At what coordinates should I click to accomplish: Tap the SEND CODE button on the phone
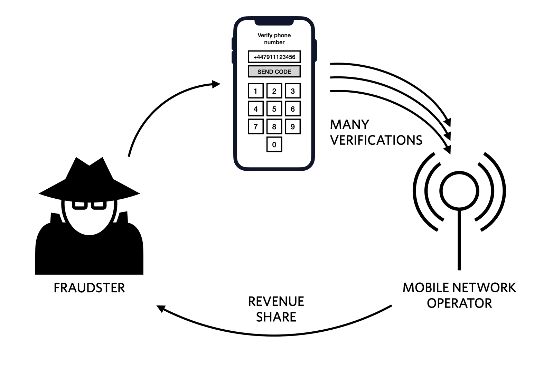click(x=274, y=72)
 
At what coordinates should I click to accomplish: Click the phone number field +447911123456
click(x=274, y=57)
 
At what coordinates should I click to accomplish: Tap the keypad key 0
click(x=274, y=144)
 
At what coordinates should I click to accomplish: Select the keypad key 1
click(x=256, y=91)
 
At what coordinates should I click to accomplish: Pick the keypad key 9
click(x=292, y=126)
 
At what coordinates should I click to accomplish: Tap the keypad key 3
click(x=292, y=91)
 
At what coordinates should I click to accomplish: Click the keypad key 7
click(x=256, y=126)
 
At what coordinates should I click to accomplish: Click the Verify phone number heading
click(x=274, y=38)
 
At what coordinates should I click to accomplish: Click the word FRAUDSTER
click(x=89, y=288)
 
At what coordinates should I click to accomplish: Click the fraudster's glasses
click(x=89, y=205)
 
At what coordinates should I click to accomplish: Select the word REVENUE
click(x=276, y=301)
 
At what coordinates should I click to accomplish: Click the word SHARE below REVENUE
click(x=276, y=317)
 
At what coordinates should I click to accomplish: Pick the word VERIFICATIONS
click(x=376, y=140)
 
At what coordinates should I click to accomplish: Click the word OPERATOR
click(x=459, y=303)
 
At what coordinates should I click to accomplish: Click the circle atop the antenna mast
click(x=459, y=191)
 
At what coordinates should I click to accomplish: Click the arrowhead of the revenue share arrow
click(x=160, y=308)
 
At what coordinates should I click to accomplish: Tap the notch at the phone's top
click(x=274, y=22)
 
